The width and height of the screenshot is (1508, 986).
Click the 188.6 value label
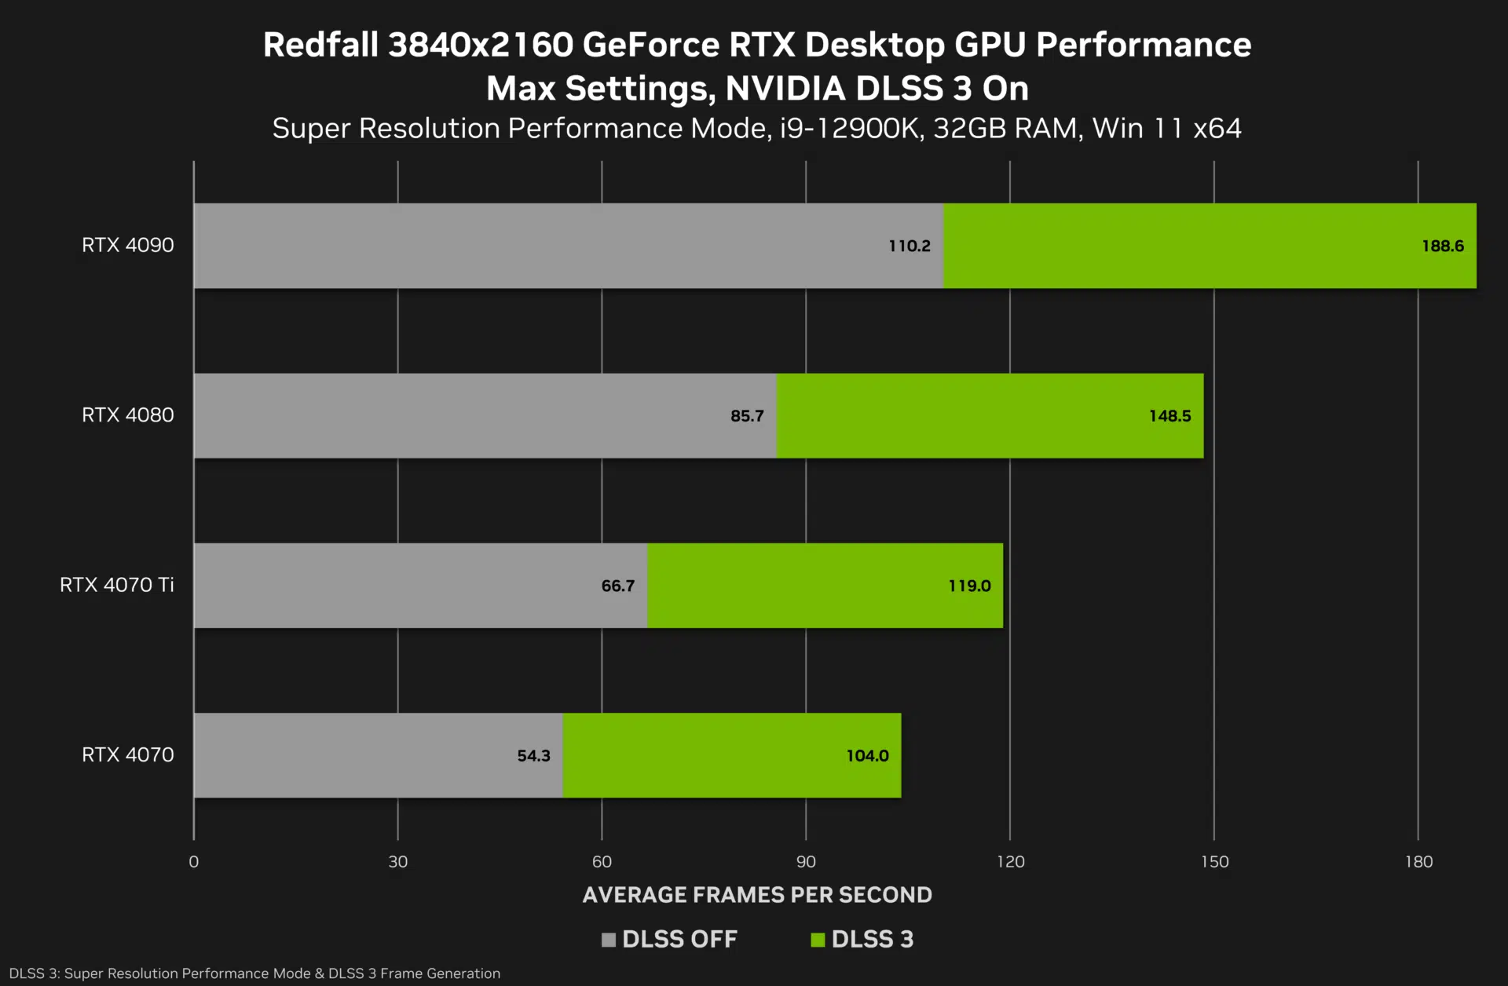click(x=1442, y=246)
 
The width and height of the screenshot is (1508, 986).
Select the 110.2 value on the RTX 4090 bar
click(x=909, y=246)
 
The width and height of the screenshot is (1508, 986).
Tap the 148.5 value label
click(x=1169, y=416)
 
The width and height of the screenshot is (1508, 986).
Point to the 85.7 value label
click(x=746, y=416)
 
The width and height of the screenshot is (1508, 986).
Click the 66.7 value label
click(x=617, y=586)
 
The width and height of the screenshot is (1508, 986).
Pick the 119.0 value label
click(x=969, y=586)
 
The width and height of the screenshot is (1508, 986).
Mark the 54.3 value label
click(x=533, y=755)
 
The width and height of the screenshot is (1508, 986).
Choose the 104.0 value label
click(x=867, y=755)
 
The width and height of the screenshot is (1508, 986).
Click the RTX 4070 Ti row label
click(x=116, y=585)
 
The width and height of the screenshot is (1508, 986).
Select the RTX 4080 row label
click(x=127, y=414)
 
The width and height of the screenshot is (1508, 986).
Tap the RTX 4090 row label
click(x=127, y=245)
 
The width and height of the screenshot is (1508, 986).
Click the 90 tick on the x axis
click(x=806, y=861)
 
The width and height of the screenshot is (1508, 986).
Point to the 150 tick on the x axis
click(x=1214, y=861)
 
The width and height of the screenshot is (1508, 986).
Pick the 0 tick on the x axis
click(x=194, y=861)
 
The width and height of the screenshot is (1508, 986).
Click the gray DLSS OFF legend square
click(x=608, y=940)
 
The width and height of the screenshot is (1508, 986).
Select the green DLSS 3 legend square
click(x=818, y=940)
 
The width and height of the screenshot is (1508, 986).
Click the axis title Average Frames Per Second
click(x=757, y=895)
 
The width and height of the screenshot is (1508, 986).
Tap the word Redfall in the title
click(x=320, y=45)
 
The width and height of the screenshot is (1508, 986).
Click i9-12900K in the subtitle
click(x=850, y=128)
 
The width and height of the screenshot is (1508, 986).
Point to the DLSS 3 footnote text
click(x=254, y=973)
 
